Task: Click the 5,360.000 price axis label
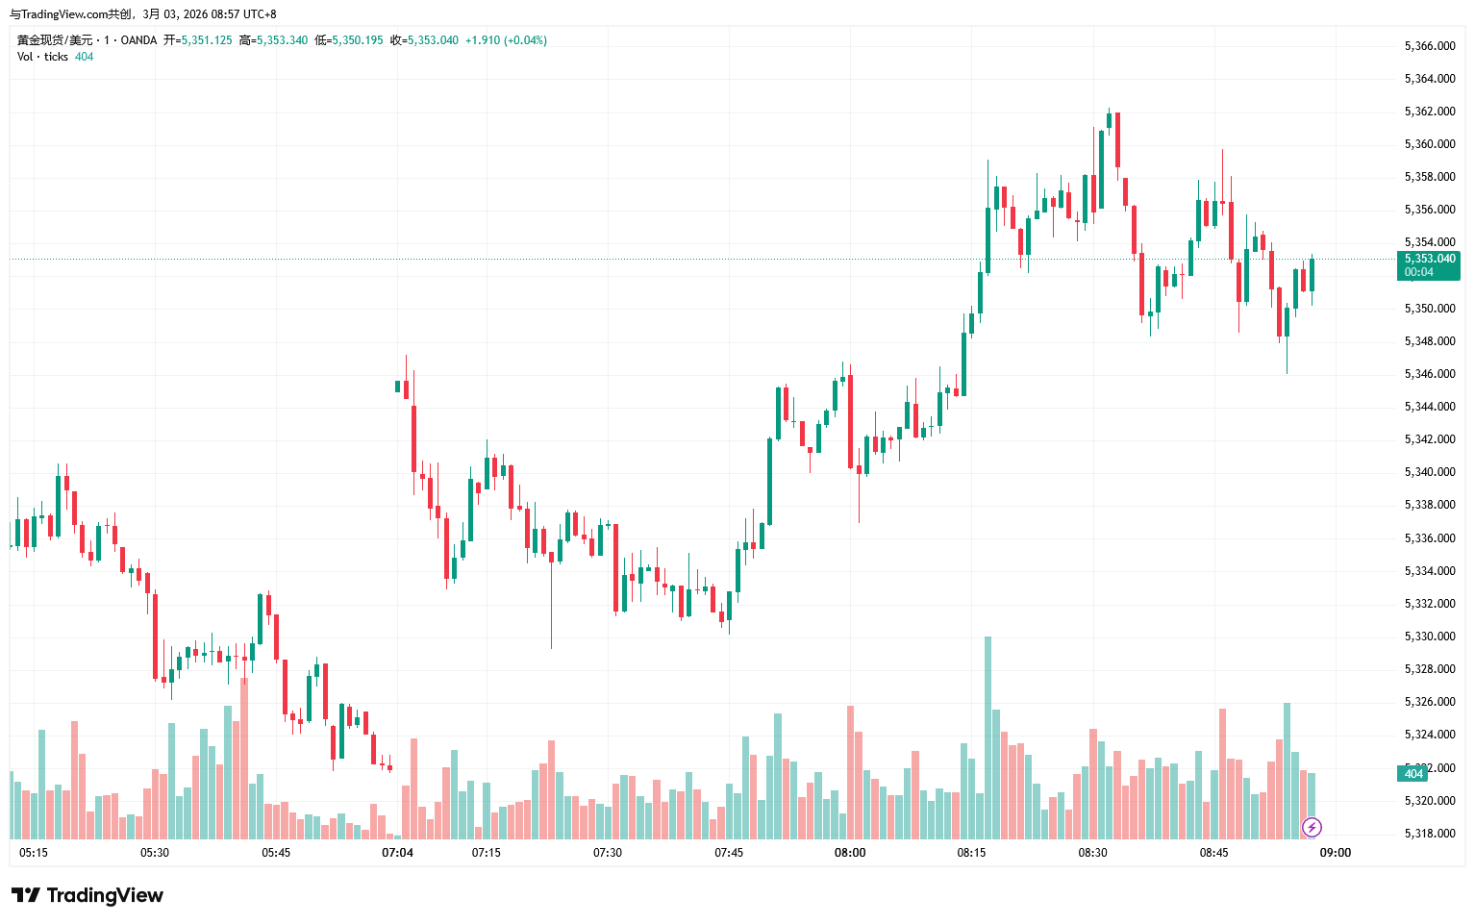tap(1429, 144)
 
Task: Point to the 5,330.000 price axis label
tap(1429, 637)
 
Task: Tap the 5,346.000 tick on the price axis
tap(1429, 374)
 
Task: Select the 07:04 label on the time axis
tap(397, 853)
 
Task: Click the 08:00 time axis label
tap(850, 853)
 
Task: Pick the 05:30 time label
tap(155, 853)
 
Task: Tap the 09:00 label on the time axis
tap(1335, 853)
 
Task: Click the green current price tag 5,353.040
tap(1429, 260)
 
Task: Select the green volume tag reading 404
tap(1412, 774)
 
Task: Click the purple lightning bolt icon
tap(1312, 827)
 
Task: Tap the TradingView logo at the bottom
tap(87, 895)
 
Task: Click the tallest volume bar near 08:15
tap(987, 737)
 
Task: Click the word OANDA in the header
tap(138, 40)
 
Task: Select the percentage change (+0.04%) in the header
tap(525, 40)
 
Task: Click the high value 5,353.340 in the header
tap(282, 40)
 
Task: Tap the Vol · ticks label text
tap(42, 57)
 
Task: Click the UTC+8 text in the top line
tap(260, 14)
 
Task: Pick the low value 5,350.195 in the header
tap(357, 40)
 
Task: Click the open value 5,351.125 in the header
tap(207, 40)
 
